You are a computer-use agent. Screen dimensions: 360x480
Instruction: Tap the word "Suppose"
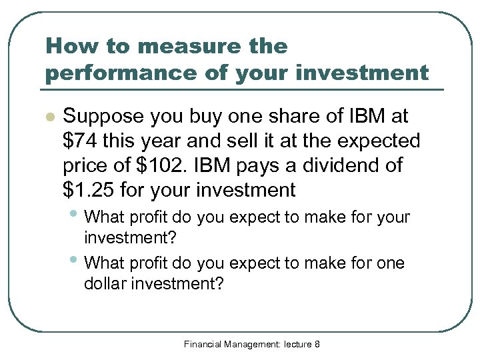[x=103, y=116]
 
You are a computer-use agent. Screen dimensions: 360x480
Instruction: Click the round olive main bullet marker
[x=48, y=117]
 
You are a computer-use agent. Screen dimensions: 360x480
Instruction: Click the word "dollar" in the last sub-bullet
[x=105, y=284]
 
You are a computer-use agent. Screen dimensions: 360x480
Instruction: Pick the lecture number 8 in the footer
[x=317, y=344]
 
